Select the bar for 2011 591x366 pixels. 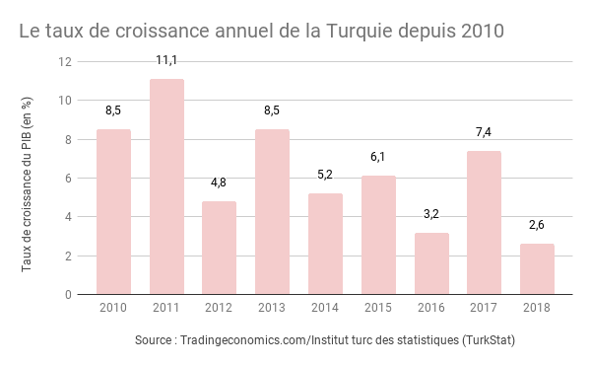coord(166,186)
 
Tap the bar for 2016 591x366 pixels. coord(431,263)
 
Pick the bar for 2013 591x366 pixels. coord(272,211)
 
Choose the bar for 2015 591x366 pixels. coord(378,235)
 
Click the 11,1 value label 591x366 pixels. coord(166,61)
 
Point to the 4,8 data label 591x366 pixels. coord(220,183)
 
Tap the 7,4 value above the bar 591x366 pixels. coord(484,132)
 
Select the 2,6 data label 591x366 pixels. coord(537,225)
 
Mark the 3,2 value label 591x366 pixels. coord(431,213)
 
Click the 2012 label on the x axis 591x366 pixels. coord(220,308)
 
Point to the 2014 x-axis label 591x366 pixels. coord(325,308)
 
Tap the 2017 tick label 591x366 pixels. coord(484,308)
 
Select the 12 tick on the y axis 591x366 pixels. coord(65,62)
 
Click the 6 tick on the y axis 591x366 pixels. coord(69,179)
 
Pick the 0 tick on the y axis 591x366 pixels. coord(69,295)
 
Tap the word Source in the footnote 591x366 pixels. coord(158,341)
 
